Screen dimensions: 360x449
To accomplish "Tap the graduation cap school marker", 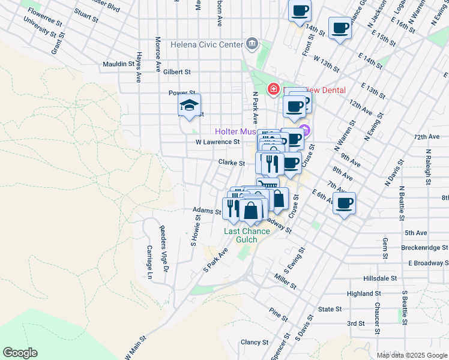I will [x=190, y=106].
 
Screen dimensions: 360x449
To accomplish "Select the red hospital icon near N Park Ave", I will [x=274, y=89].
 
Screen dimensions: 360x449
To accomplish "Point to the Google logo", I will [x=20, y=353].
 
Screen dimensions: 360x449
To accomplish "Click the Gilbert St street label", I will [x=176, y=72].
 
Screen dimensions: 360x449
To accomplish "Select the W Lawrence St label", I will [x=217, y=142].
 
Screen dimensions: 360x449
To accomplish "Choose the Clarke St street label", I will [x=232, y=163].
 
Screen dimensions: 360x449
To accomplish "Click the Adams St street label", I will [x=207, y=211].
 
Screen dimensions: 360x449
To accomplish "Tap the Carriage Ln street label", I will [x=149, y=262].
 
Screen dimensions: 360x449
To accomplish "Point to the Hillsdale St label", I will [x=381, y=278].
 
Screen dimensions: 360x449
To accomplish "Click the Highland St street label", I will [x=364, y=294].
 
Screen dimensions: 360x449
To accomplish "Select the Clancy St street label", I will [x=255, y=343].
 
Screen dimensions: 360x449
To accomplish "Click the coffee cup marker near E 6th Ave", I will [x=343, y=204].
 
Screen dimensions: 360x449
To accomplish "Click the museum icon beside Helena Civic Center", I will [x=252, y=44].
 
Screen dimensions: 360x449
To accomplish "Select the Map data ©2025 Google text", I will [x=411, y=355].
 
